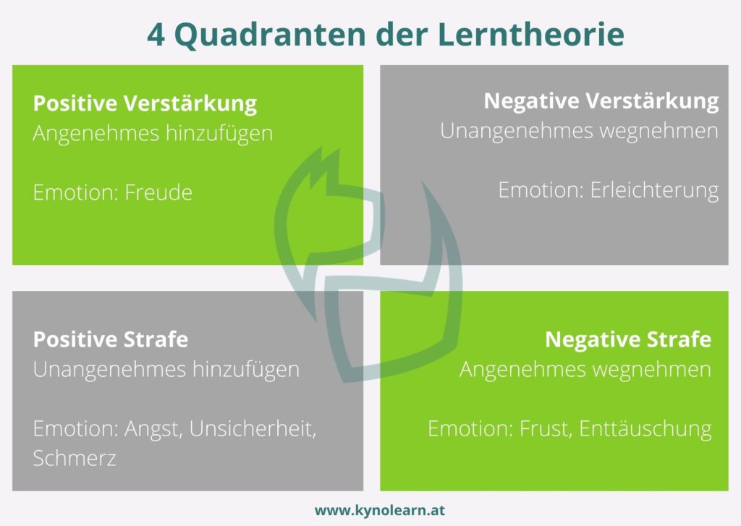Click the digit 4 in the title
156,35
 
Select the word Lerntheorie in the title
531,34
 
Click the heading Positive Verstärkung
145,103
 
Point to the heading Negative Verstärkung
601,101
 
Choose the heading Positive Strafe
111,339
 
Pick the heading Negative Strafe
628,339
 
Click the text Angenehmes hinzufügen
153,134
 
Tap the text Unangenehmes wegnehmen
579,131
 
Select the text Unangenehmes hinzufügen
166,370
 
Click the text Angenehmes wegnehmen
585,370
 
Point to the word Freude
158,192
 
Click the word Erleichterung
654,190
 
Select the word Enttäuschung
645,428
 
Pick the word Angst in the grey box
153,429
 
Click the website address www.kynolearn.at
379,510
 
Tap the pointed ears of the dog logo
325,167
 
